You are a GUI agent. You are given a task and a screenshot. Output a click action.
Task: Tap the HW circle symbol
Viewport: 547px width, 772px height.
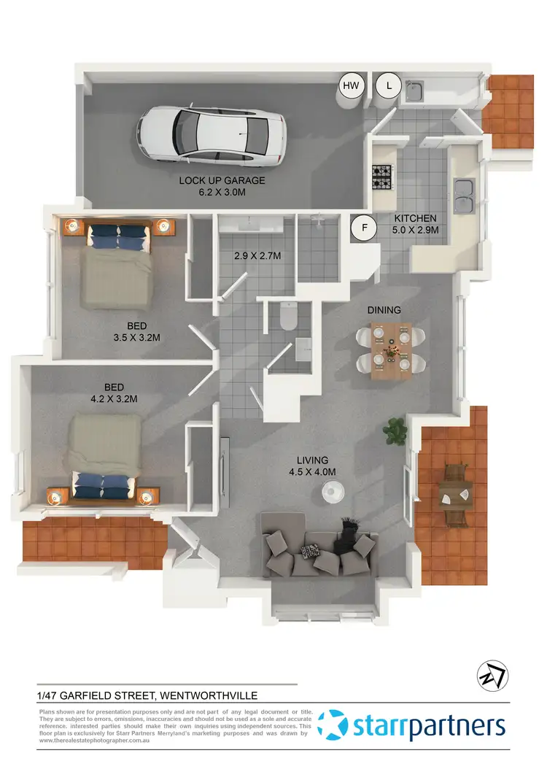pos(352,86)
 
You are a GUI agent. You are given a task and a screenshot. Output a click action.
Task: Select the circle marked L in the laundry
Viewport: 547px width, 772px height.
pos(389,86)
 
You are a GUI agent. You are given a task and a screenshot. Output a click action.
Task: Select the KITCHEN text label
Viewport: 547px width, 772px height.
pos(415,218)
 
